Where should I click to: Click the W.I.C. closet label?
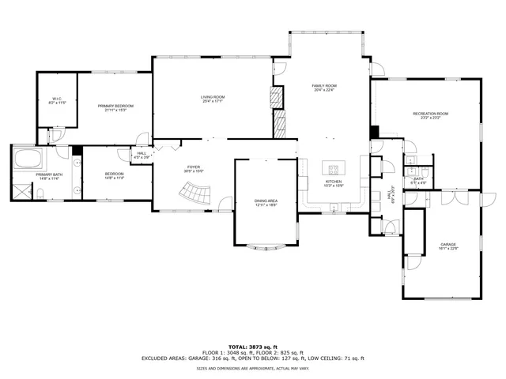(x=57, y=99)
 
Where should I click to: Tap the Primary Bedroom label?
(x=115, y=106)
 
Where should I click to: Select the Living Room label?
(x=213, y=96)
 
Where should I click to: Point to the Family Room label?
(x=324, y=85)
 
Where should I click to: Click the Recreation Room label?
(x=431, y=114)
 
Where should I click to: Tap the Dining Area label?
(x=266, y=201)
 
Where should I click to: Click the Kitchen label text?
(x=334, y=182)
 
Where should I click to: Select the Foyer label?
(x=193, y=167)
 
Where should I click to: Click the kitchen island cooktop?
(x=334, y=167)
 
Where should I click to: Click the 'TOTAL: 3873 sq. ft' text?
(x=253, y=347)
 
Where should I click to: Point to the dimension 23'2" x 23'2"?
(x=431, y=118)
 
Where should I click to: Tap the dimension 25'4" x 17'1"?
(x=213, y=101)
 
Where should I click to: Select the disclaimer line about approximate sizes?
(x=253, y=368)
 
